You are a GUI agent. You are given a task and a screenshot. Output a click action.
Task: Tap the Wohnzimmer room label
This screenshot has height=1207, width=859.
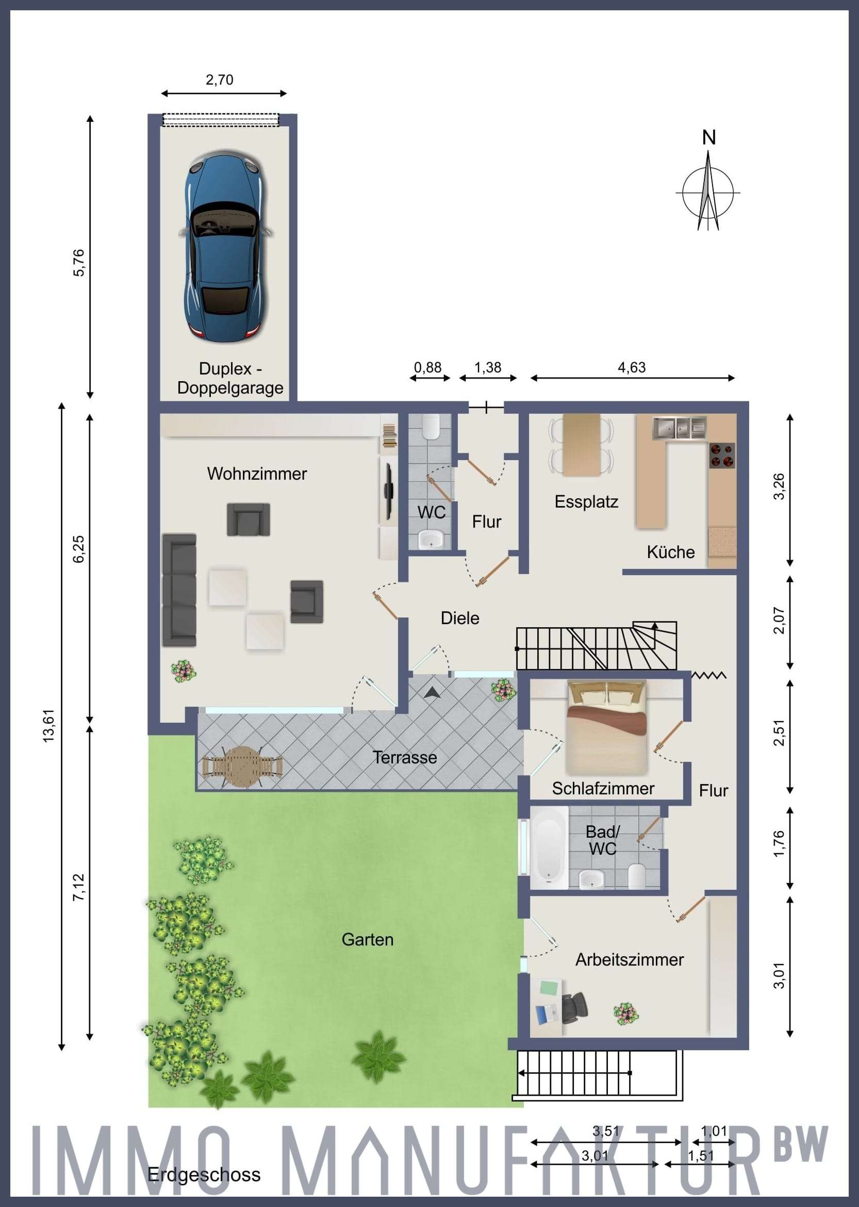click(x=257, y=474)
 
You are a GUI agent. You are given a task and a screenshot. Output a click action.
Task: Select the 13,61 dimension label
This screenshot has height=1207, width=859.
click(x=48, y=726)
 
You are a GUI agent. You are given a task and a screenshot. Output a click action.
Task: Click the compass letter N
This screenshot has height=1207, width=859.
click(x=709, y=138)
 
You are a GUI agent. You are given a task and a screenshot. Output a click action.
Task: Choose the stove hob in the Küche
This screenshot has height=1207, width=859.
click(x=722, y=455)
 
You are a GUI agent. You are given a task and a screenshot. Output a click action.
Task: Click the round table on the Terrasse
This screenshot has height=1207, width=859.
click(x=242, y=766)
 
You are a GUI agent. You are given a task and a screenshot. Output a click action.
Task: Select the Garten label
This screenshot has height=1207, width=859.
click(x=367, y=939)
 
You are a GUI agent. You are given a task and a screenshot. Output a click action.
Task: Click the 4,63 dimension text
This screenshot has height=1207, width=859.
click(x=632, y=367)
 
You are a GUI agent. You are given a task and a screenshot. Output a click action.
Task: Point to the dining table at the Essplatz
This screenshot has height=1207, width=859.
click(x=581, y=445)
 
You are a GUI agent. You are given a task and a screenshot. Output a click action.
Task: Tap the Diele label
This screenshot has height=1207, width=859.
click(x=459, y=618)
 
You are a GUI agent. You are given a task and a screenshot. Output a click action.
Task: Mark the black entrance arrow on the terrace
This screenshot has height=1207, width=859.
click(x=432, y=692)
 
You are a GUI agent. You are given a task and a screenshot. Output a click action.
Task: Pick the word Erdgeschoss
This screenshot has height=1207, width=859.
click(x=204, y=1175)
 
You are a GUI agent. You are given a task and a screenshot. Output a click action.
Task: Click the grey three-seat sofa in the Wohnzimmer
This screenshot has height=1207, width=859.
click(x=179, y=590)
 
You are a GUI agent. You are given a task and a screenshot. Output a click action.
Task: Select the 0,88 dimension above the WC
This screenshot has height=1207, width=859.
click(x=427, y=367)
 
